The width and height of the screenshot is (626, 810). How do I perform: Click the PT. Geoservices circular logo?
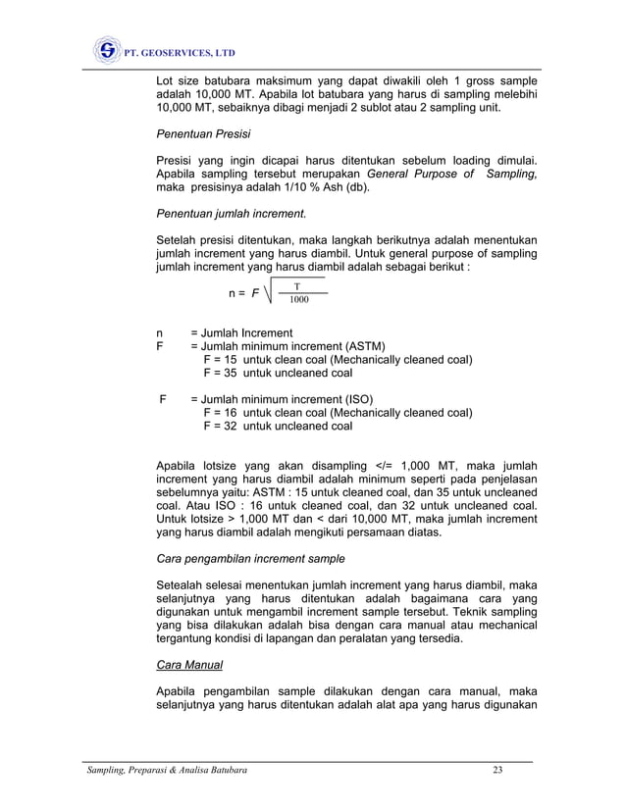coord(107,49)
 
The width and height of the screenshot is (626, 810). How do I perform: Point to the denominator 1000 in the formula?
coord(298,299)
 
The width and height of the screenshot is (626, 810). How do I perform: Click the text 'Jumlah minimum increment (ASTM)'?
coord(293,346)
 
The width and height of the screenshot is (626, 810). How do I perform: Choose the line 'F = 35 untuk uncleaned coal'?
coord(278,373)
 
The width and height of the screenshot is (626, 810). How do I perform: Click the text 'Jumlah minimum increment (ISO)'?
coord(287,399)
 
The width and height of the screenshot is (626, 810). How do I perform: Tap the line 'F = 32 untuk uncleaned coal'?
coord(278,426)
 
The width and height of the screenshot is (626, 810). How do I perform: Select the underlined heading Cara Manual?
coord(189,665)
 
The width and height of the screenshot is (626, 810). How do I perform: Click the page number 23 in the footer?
coord(498,770)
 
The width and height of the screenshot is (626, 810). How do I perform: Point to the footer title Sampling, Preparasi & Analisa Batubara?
coord(164,770)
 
